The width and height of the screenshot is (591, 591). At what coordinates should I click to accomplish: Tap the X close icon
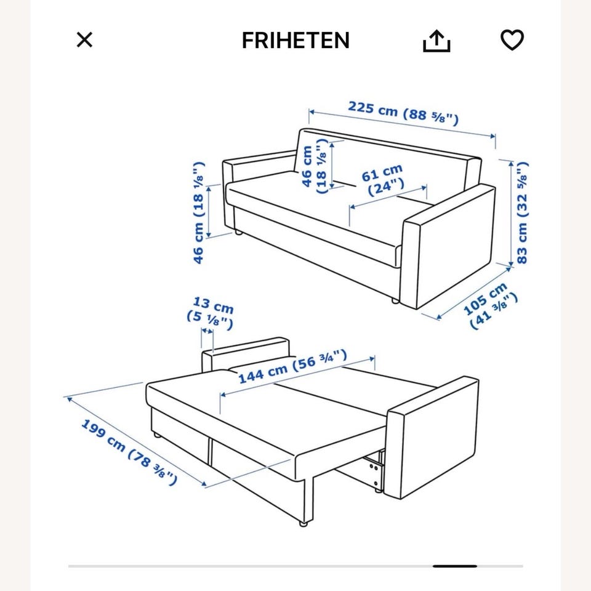(x=84, y=39)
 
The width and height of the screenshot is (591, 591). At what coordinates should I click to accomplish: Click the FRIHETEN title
(x=295, y=41)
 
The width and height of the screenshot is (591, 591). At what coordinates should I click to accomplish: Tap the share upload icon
(x=436, y=41)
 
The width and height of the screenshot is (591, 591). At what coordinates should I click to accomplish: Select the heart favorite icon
(x=512, y=39)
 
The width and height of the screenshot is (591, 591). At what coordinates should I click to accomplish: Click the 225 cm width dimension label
(x=403, y=113)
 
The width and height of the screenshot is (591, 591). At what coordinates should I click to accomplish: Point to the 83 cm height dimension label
(x=523, y=212)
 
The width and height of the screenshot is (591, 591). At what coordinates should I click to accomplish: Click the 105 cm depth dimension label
(x=490, y=306)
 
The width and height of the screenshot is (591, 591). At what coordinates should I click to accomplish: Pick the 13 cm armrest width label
(x=211, y=313)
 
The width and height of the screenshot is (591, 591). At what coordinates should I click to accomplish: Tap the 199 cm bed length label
(x=129, y=452)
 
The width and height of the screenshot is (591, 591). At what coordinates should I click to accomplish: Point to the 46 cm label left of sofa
(x=199, y=212)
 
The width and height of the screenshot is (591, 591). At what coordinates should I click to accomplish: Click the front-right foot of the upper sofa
(x=395, y=300)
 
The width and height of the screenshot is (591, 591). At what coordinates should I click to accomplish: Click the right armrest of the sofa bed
(x=432, y=437)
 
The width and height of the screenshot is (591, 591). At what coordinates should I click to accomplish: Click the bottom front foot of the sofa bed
(x=303, y=523)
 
